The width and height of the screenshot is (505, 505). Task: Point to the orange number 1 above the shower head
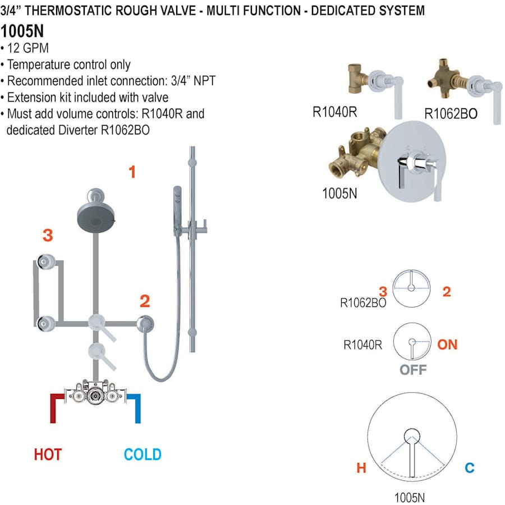[x=132, y=172]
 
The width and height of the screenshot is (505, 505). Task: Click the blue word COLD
[x=143, y=454]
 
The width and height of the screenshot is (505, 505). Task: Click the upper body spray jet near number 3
[x=44, y=260]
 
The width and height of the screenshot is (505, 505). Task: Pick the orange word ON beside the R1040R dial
[x=447, y=344]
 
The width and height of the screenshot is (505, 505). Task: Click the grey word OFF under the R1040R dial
[x=413, y=370]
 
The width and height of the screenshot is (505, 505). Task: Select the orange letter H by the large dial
[x=361, y=467]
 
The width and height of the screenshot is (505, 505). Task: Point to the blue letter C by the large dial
[x=470, y=467]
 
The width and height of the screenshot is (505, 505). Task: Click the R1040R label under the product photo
[x=335, y=111]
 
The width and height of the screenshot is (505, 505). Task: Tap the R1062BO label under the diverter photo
[x=451, y=114]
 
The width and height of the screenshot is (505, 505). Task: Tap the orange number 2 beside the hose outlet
[x=145, y=301]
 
